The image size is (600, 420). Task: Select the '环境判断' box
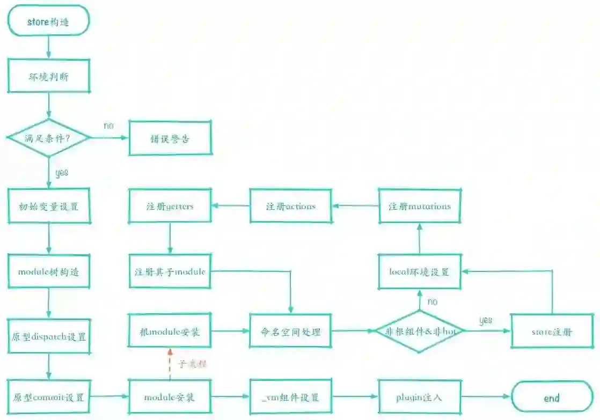48,76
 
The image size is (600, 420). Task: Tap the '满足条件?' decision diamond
49,138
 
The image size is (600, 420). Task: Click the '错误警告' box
170,138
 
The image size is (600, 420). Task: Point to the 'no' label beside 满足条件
109,126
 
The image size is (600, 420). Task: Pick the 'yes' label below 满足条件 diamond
62,173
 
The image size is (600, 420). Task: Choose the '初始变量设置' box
48,206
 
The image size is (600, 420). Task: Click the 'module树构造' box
48,271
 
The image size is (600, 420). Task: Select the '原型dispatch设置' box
48,337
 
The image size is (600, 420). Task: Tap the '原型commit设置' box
48,397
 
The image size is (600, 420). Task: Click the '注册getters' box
170,206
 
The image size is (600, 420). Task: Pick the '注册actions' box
291,206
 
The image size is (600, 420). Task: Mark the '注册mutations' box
420,206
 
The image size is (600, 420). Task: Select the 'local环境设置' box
420,271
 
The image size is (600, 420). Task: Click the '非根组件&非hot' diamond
420,331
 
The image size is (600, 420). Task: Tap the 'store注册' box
552,331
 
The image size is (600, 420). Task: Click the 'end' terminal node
552,398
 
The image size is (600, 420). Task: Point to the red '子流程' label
192,364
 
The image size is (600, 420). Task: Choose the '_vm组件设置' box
291,397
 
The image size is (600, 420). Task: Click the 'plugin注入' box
420,397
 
